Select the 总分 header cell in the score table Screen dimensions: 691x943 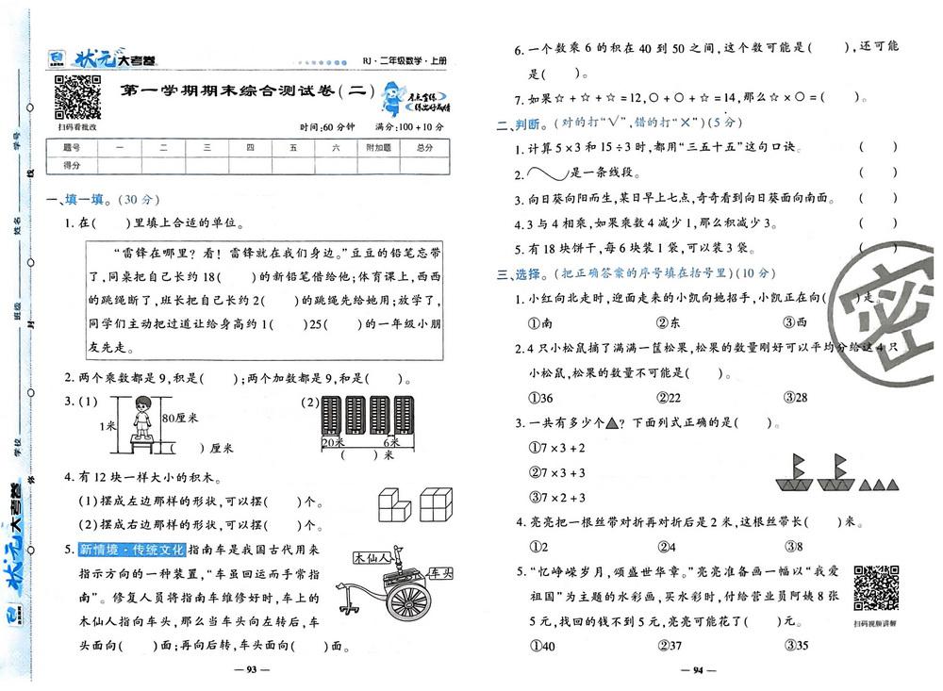[x=424, y=148]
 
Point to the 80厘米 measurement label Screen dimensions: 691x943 [x=179, y=416]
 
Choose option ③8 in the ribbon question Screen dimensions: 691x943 [x=794, y=545]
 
